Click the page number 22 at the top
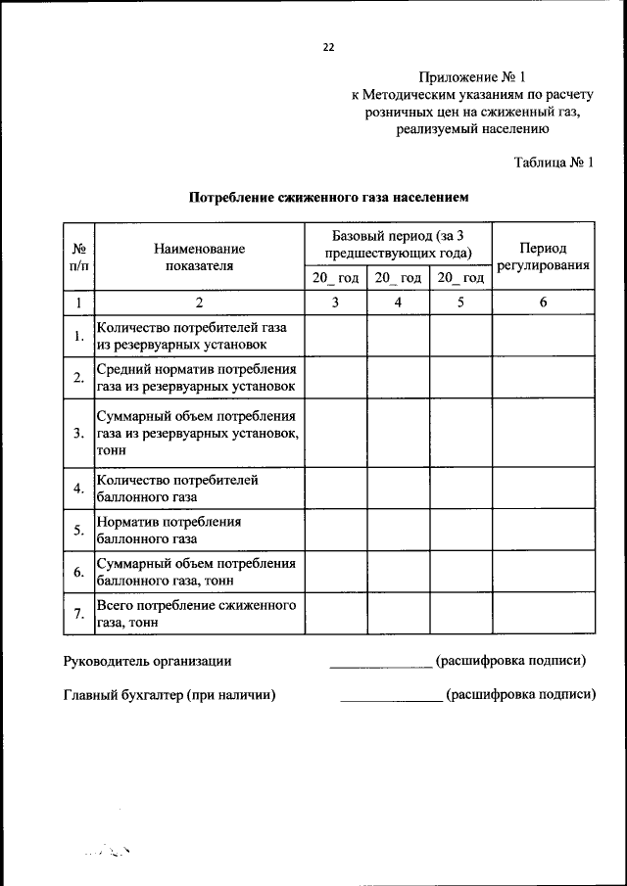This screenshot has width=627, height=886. (x=328, y=46)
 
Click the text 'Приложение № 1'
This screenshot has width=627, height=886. (x=472, y=75)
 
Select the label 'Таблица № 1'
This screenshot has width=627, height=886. (x=554, y=162)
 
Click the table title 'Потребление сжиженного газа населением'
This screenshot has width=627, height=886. (x=328, y=198)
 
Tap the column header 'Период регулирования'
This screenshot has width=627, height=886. (x=543, y=256)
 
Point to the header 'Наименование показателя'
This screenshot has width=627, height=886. (x=198, y=256)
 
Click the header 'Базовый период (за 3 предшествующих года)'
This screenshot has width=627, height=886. (x=398, y=242)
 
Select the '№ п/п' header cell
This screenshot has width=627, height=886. (x=78, y=256)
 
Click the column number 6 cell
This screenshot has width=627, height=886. (x=543, y=303)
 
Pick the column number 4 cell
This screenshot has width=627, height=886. (x=398, y=303)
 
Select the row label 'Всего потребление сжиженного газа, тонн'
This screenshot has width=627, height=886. (x=196, y=613)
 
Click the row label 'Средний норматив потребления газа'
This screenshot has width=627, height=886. (x=196, y=377)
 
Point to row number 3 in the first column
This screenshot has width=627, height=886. (x=78, y=432)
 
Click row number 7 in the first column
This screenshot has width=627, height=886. (x=78, y=614)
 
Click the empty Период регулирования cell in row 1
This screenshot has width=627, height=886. (x=543, y=336)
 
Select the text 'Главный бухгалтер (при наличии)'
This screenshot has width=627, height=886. (x=169, y=695)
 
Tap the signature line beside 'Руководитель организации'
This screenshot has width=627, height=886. (x=380, y=666)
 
